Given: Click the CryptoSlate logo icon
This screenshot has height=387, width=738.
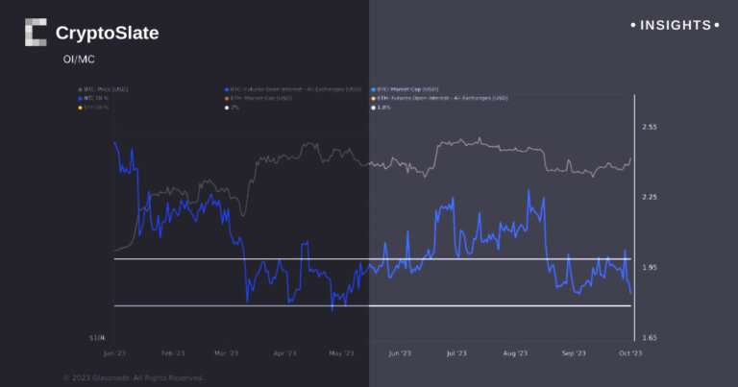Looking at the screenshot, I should click(x=36, y=33).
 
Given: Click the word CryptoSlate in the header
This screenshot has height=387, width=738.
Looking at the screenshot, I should click(x=107, y=34).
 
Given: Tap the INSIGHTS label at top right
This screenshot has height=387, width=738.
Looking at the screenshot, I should click(x=674, y=25).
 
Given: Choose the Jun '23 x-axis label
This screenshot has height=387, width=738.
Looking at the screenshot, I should click(x=401, y=353).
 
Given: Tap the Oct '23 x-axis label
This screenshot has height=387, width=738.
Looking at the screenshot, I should click(x=628, y=353).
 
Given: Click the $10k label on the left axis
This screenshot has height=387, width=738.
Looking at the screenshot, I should click(x=96, y=339).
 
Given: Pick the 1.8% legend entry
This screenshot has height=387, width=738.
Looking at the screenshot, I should click(x=383, y=107).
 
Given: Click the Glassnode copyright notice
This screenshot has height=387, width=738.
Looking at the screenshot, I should click(x=134, y=377).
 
